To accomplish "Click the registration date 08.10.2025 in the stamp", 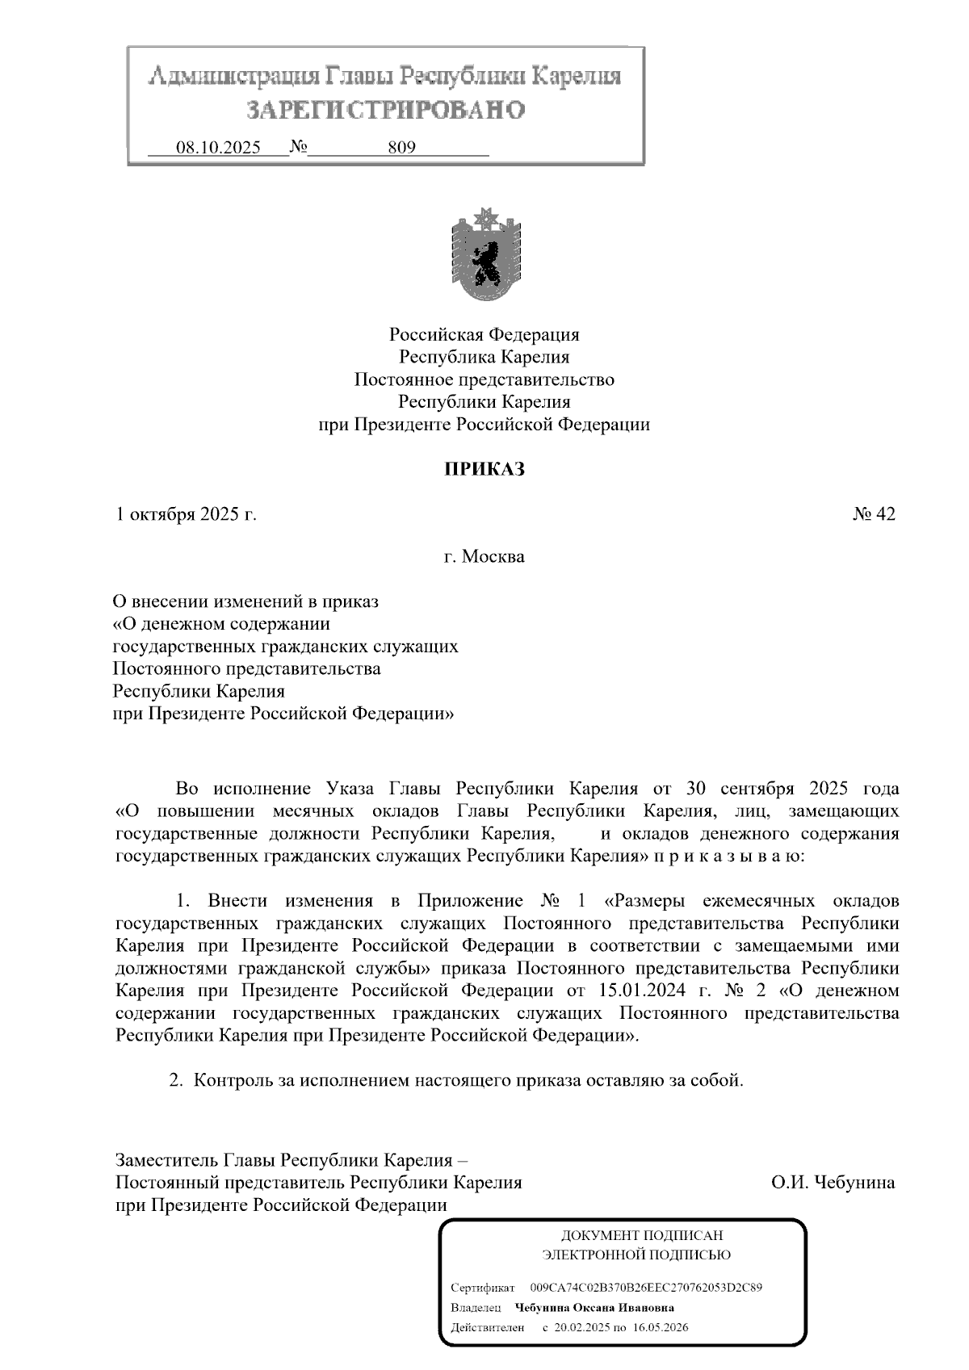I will (x=218, y=148).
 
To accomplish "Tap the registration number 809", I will (x=401, y=148).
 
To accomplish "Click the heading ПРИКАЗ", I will (x=484, y=469).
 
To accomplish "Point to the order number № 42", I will (x=874, y=514).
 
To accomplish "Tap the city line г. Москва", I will (x=484, y=556).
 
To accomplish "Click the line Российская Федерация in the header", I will (x=484, y=334).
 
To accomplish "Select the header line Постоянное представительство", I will (x=484, y=379).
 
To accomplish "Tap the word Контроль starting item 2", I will (x=234, y=1080).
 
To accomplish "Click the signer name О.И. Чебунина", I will (x=833, y=1183).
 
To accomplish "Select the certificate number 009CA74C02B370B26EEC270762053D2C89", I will (x=646, y=1288).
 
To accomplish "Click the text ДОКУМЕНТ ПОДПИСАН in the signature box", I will (x=642, y=1236).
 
